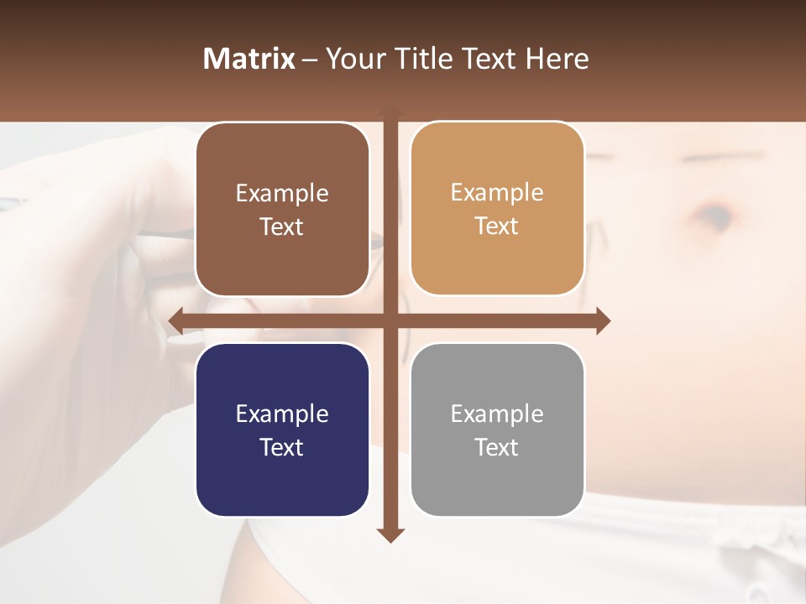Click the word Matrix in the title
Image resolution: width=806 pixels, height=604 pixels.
coord(249,59)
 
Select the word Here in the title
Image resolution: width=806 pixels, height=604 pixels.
coord(557,59)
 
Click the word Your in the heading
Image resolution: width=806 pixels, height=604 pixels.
coord(353,59)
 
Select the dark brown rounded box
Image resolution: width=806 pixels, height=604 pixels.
coord(282,210)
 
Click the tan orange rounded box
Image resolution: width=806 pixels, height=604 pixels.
coord(497,209)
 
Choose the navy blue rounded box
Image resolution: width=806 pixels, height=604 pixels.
coord(282,430)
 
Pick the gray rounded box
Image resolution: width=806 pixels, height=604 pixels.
coord(497,430)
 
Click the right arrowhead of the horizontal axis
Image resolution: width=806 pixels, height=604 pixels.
coord(603,320)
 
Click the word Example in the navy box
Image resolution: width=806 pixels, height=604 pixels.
coord(282,414)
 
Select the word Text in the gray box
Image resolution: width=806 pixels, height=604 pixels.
coord(497,447)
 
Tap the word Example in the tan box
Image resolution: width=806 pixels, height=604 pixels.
coord(497,192)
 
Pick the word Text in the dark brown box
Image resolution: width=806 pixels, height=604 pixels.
coord(282,226)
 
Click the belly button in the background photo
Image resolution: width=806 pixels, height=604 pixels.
coord(714,214)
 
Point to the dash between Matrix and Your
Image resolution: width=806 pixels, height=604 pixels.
coord(310,60)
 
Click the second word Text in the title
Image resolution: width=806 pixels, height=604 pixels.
coord(490,59)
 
